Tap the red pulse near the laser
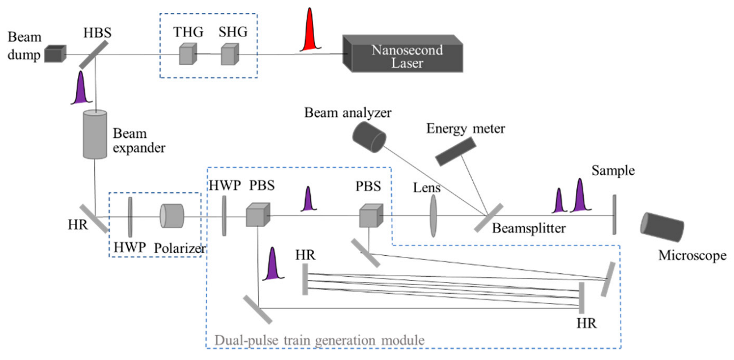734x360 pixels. pos(308,32)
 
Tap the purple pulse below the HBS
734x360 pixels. pos(81,89)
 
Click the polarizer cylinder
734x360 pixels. pos(171,216)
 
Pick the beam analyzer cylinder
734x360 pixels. pos(369,135)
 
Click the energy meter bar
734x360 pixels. pos(455,151)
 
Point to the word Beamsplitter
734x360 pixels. pos(528,229)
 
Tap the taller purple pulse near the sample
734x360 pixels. pos(580,196)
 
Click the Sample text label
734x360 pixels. pos(613,171)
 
